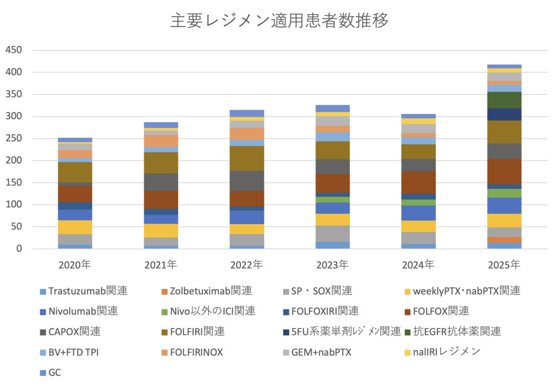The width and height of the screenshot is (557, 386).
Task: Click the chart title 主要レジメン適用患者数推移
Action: pos(279,21)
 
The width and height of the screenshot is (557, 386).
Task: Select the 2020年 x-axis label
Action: pos(75,265)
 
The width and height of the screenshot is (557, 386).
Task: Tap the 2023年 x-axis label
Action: pos(332,265)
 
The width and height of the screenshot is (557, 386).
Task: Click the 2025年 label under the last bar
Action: pos(504,265)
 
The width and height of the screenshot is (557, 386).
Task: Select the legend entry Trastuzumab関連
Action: pos(87,291)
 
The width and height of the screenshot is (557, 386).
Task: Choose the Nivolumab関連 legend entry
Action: pos(83,311)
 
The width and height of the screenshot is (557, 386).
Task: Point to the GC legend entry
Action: pos(54,372)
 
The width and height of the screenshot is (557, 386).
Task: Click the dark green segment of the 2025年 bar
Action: pos(504,100)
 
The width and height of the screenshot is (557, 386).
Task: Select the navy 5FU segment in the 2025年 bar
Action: pos(504,114)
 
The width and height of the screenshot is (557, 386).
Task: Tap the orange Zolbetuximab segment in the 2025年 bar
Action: pos(504,240)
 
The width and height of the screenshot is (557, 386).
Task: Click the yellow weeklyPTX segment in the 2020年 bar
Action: pos(75,227)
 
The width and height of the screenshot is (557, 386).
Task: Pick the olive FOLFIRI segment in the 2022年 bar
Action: pos(246,159)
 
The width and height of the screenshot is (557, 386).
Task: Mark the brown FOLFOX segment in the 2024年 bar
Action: pos(418,182)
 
